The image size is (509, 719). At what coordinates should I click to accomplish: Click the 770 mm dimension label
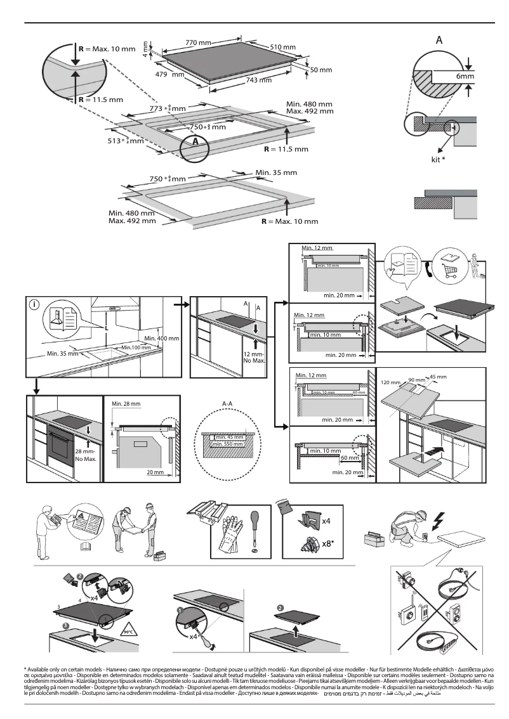tap(198, 42)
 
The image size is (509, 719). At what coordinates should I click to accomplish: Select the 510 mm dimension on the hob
tap(283, 48)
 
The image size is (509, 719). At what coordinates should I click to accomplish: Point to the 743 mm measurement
tap(258, 80)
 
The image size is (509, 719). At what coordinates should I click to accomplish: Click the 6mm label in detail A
tap(465, 76)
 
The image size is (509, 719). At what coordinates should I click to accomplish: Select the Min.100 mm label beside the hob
tap(136, 347)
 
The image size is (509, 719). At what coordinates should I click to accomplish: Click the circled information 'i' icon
tap(33, 304)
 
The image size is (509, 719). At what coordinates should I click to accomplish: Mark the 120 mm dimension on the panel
tap(391, 384)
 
